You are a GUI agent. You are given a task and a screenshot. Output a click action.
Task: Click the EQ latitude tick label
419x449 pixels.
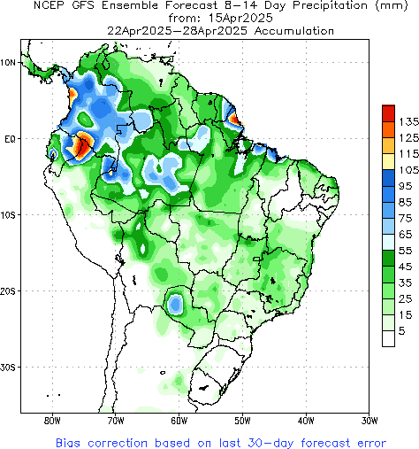tap(10, 139)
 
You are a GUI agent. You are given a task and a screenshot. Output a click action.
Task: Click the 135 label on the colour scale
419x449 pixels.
tap(408, 121)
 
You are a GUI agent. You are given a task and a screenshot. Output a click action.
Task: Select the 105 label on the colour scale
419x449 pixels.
tap(408, 169)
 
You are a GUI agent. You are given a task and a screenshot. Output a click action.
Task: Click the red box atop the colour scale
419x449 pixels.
tap(388, 113)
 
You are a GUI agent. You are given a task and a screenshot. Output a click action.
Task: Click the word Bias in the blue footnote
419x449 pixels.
tap(70, 440)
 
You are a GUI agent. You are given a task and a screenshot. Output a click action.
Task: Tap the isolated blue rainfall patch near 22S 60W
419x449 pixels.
tap(176, 304)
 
